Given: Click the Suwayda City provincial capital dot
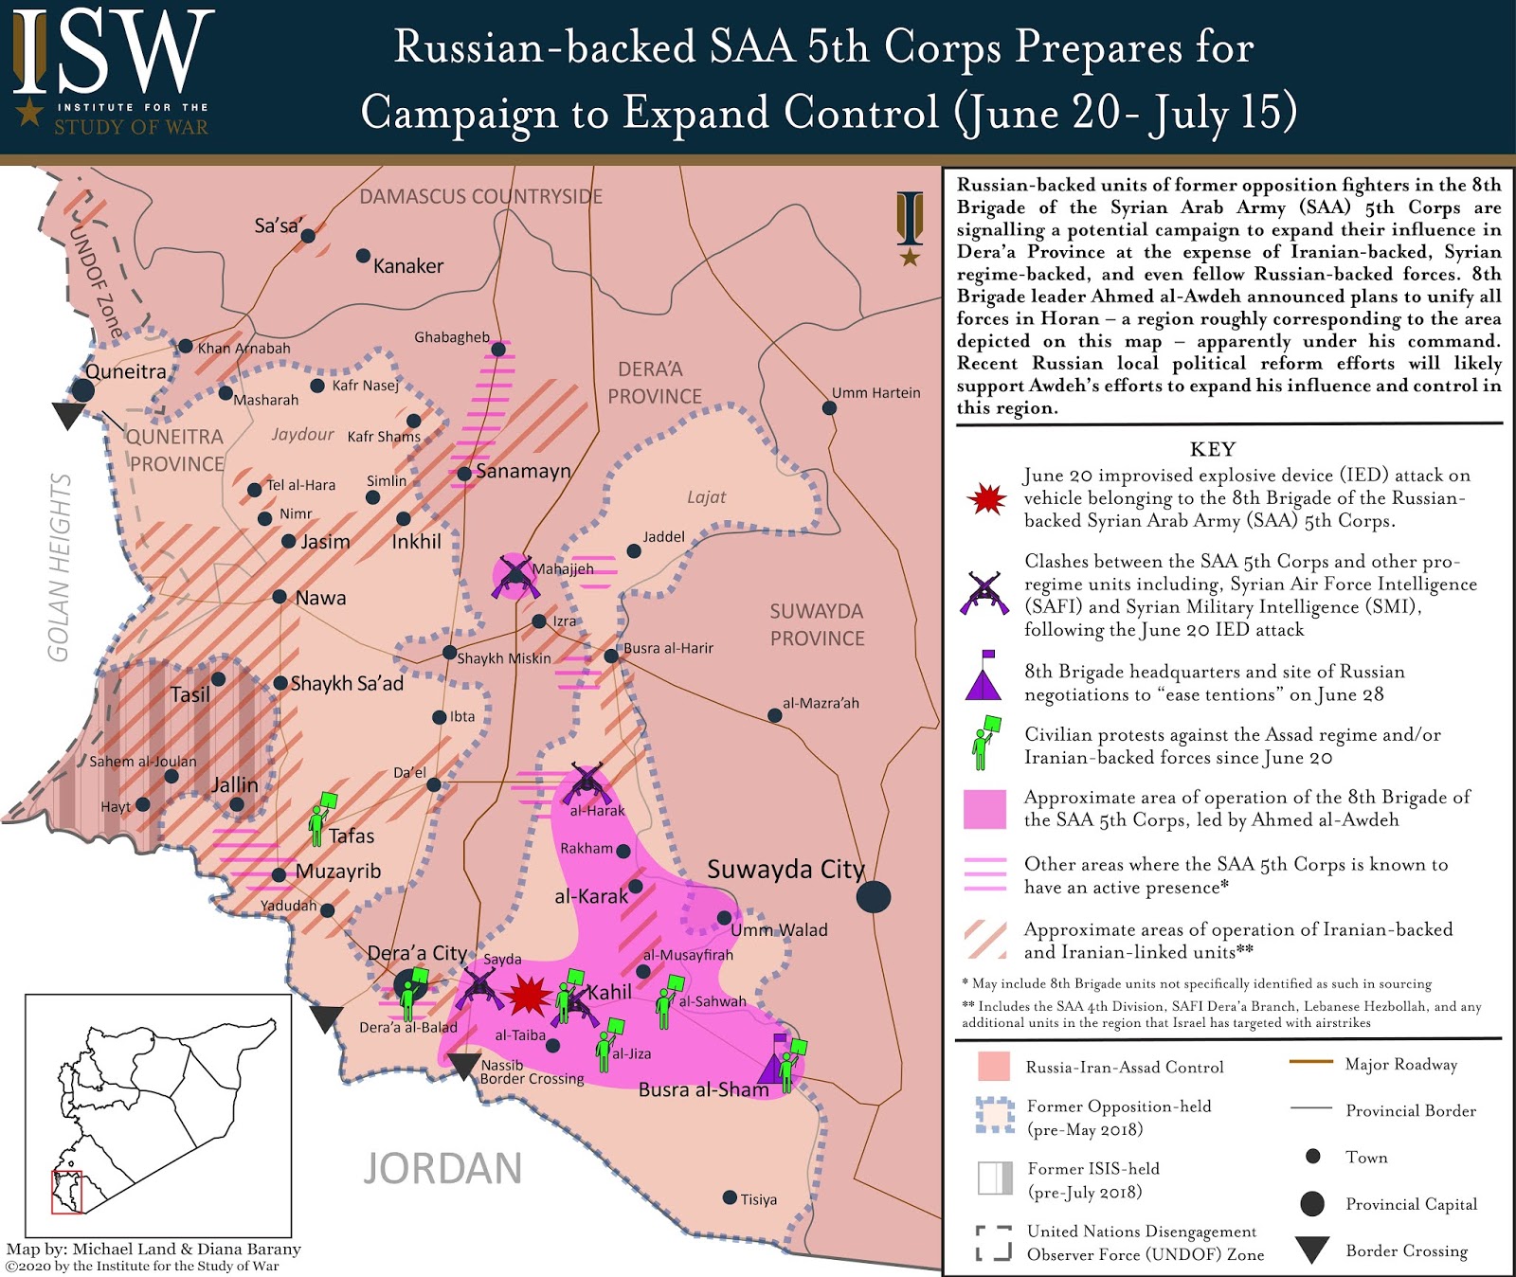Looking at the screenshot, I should pos(874,896).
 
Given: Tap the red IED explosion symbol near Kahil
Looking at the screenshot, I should pos(527,996).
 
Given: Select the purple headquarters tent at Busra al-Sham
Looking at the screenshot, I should pos(776,1063).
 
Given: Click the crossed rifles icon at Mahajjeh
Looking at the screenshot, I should pos(514,575).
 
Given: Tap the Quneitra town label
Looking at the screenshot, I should pos(125,371).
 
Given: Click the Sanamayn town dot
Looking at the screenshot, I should pos(464,474).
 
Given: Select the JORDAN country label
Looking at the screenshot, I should pos(442,1168).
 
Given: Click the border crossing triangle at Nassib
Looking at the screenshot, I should pos(463,1066).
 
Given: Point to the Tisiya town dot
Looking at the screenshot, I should pos(730,1197).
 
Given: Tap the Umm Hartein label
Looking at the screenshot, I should pos(875,392).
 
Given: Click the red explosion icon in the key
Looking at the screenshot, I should pos(986,498).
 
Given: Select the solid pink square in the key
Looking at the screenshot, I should pos(984,809).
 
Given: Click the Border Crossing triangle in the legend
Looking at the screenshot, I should pos(1312,1250).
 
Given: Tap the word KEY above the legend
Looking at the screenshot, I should pos(1213,448).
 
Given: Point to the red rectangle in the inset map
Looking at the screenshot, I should pos(66,1192).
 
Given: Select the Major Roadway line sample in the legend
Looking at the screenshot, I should pos(1310,1062).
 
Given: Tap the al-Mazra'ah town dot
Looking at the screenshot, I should pos(774,715).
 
